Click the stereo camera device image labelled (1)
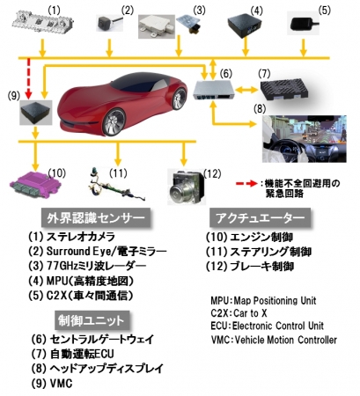43,23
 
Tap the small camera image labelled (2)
109,23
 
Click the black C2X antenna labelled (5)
303,24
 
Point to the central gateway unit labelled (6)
214,89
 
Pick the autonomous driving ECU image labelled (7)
284,88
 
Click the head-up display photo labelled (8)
305,139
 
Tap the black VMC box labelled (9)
36,113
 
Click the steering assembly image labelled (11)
117,186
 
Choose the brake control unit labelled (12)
186,187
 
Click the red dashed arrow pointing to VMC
28,78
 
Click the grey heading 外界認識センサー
96,218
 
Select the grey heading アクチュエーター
260,218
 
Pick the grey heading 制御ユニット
92,320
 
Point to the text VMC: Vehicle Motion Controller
274,340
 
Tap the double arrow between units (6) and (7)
247,90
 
